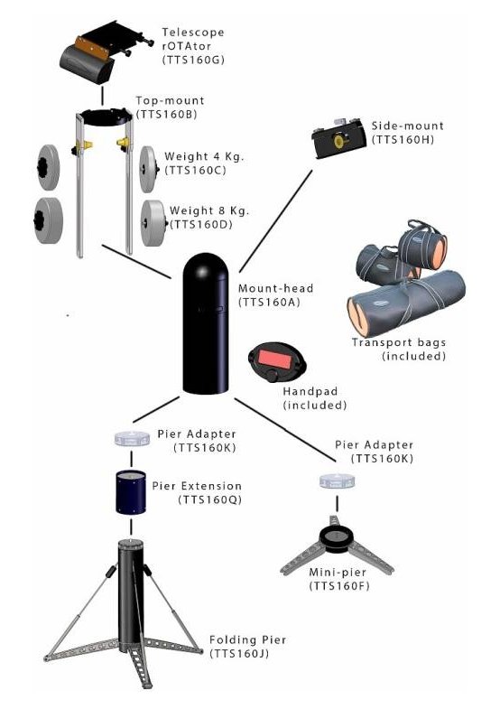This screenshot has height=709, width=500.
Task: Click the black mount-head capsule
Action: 206,322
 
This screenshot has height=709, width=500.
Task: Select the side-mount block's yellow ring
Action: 338,142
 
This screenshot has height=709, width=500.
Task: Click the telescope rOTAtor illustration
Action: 103,52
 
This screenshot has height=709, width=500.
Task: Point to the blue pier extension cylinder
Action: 131,492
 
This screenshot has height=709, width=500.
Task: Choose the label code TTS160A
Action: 269,302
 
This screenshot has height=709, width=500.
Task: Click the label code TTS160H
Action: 403,140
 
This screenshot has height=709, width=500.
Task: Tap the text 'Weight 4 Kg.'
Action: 204,157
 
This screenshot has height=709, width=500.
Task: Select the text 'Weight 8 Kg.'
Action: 209,210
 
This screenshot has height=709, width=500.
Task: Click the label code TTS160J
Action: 239,653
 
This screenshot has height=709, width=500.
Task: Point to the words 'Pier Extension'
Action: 197,486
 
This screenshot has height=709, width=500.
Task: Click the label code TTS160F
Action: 339,586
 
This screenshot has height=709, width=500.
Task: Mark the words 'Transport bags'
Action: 399,342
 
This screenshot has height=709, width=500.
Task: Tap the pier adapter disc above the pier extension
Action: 132,439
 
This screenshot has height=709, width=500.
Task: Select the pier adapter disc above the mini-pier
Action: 338,482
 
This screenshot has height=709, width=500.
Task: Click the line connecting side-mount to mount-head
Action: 275,221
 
